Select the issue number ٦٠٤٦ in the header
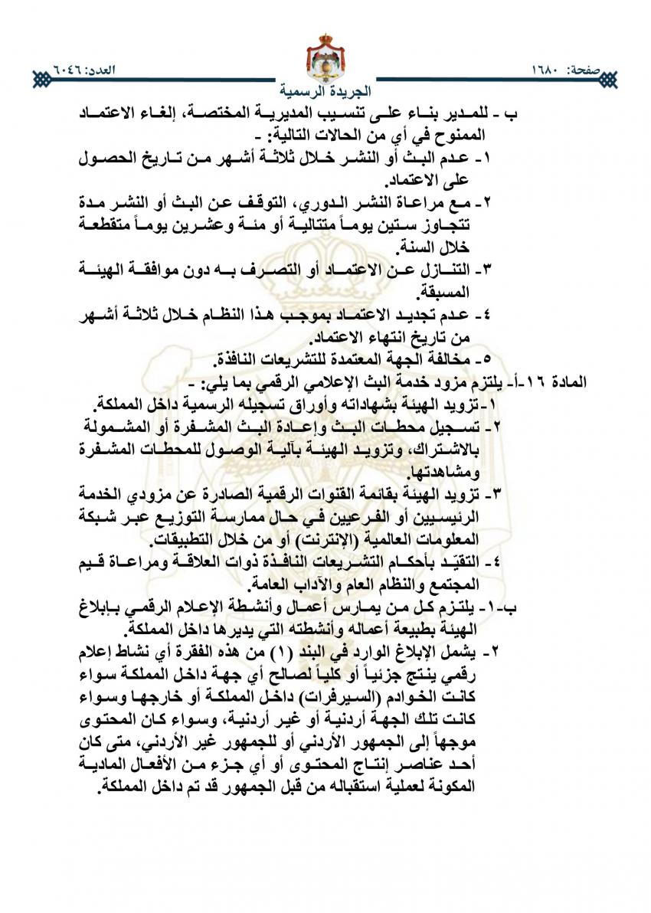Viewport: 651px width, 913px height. coord(70,71)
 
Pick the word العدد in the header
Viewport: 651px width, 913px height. coord(113,71)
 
